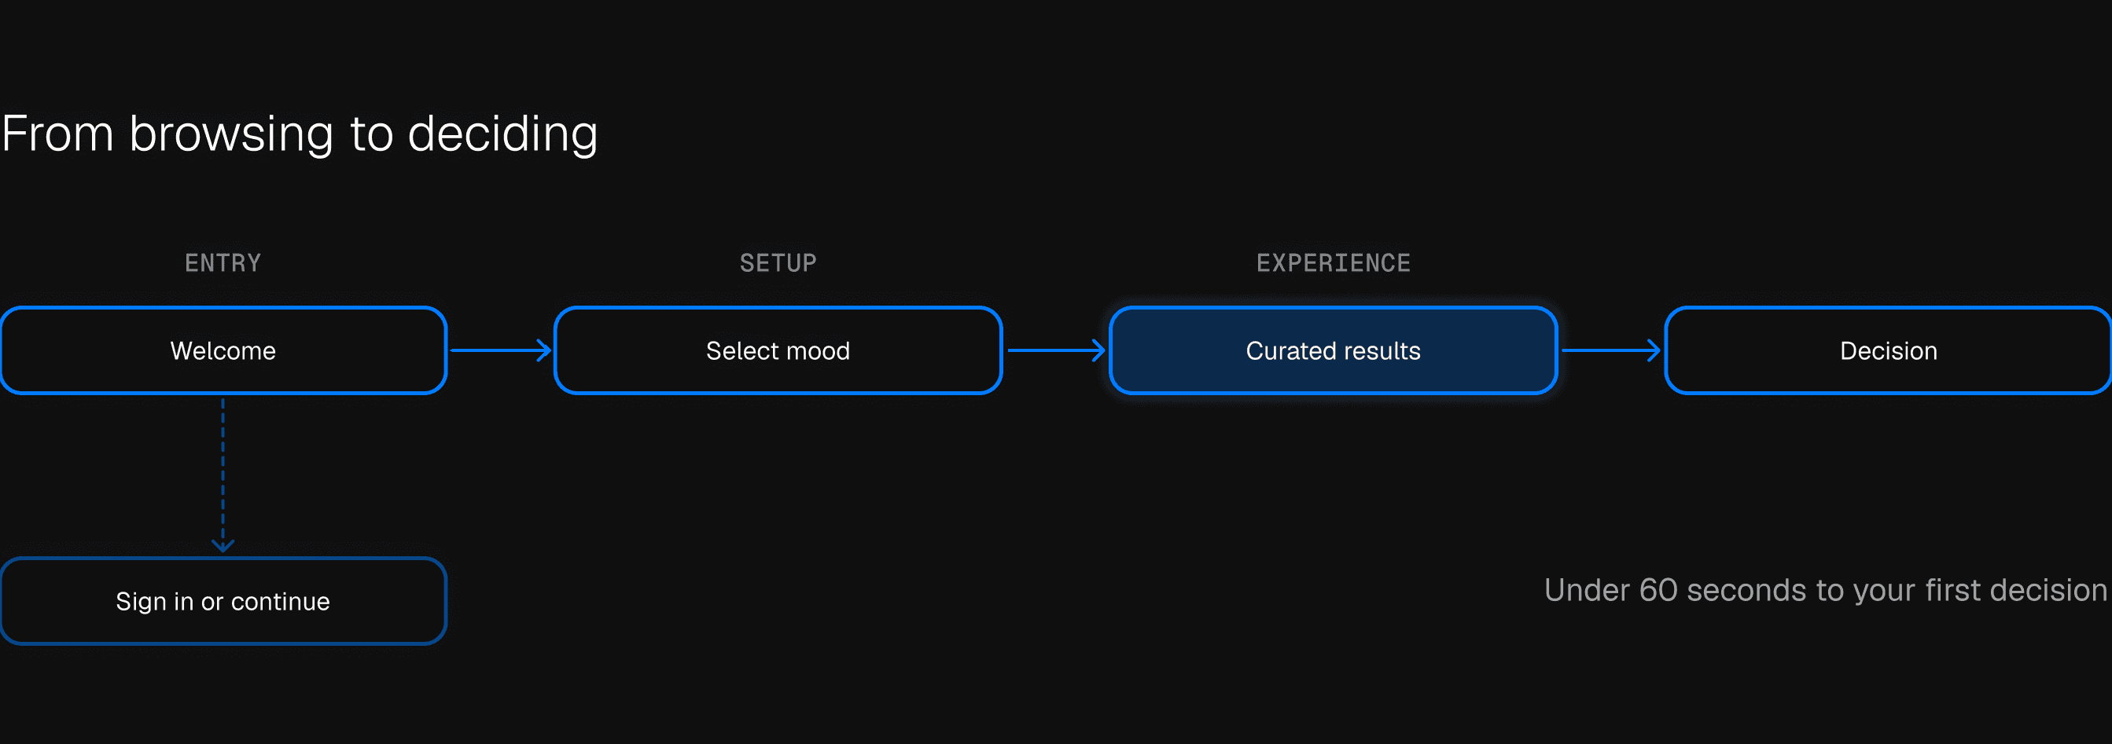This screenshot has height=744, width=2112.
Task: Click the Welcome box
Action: coord(223,350)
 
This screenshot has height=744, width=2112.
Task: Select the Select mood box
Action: coord(778,350)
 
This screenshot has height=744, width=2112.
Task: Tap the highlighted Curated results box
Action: coord(1333,350)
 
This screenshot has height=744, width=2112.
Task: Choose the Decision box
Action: coord(1888,350)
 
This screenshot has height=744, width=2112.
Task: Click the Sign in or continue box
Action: coord(223,602)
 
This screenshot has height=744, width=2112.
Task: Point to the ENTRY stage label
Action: coord(223,263)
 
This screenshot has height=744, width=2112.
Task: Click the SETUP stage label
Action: coord(778,263)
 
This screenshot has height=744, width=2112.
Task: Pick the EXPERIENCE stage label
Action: coord(1333,263)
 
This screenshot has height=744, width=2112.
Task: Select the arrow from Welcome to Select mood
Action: coord(500,350)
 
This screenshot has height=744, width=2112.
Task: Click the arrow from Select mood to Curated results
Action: coord(1056,350)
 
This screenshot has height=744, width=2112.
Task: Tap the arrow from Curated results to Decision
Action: coord(1611,350)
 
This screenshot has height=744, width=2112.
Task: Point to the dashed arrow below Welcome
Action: coord(223,475)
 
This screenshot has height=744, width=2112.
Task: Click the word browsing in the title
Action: coord(231,134)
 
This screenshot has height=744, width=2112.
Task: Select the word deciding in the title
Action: coord(502,134)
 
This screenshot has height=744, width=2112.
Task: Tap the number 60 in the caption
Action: coord(1658,590)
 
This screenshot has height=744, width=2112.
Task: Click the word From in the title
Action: coord(57,134)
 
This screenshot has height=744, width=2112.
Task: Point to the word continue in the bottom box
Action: coord(281,602)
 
